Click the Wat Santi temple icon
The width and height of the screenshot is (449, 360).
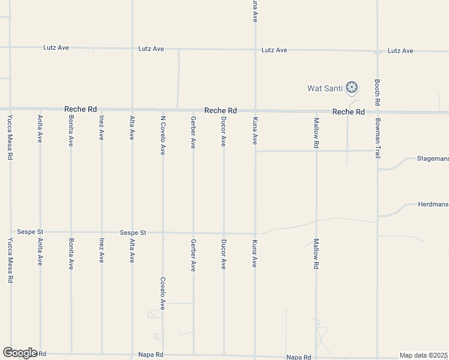352,88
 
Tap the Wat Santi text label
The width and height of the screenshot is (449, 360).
325,89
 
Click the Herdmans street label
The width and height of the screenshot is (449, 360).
433,205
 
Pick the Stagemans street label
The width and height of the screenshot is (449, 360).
432,159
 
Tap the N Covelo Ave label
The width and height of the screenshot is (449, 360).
163,135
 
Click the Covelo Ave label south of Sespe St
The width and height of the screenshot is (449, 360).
163,291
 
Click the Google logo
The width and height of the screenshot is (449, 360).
20,353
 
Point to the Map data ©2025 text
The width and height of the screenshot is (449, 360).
424,355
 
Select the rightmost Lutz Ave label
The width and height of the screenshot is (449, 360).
400,51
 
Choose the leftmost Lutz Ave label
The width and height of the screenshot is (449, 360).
56,47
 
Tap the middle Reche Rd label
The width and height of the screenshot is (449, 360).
220,110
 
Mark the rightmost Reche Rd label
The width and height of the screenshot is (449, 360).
349,112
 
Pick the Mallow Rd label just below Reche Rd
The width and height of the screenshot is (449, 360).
316,133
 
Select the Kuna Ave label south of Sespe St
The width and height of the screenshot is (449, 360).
255,253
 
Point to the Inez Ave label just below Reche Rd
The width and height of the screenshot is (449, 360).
101,127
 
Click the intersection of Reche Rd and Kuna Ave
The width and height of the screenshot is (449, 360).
256,112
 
